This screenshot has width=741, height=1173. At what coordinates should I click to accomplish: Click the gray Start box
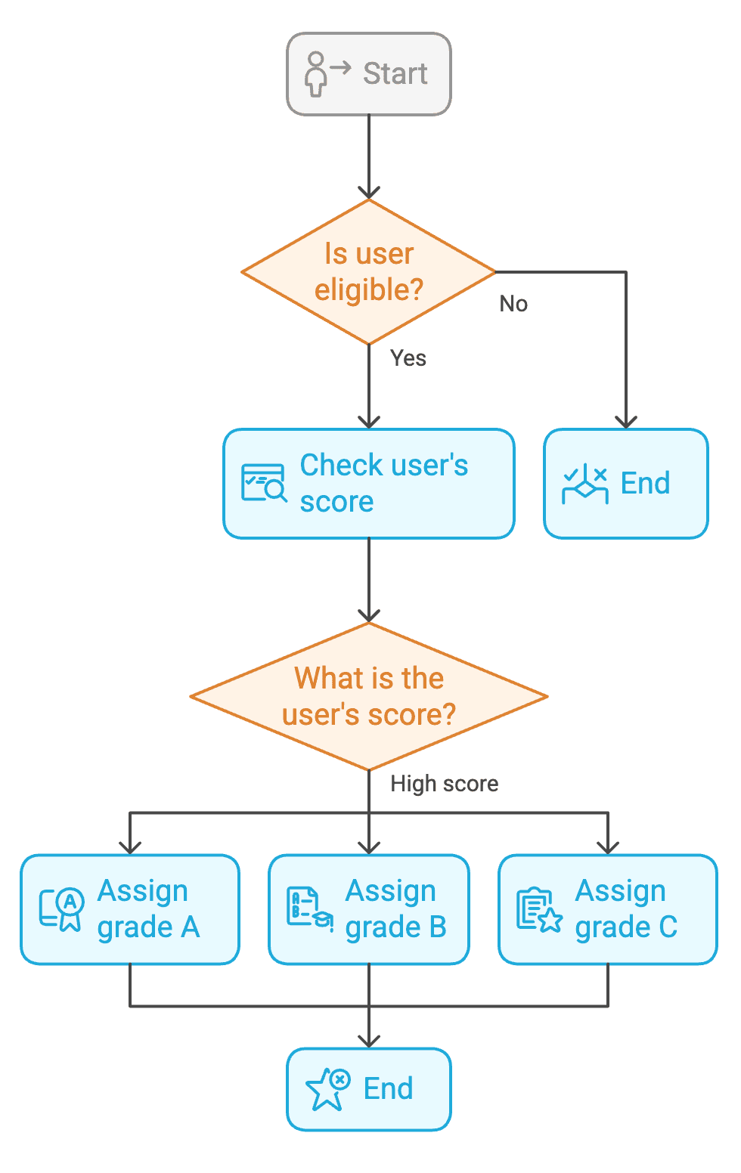(369, 74)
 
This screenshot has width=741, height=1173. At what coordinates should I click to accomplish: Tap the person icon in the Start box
(316, 74)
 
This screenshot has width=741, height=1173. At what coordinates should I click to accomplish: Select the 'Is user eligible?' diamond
(369, 272)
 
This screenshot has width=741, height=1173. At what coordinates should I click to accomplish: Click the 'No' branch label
(513, 304)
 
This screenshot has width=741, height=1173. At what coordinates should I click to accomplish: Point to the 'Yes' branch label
(408, 358)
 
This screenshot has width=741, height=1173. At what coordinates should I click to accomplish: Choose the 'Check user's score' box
(369, 484)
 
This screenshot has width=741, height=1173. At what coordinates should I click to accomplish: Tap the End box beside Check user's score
(626, 484)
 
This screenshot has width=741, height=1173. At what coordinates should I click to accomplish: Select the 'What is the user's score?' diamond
(369, 696)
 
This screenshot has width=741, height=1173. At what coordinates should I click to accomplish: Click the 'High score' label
(445, 784)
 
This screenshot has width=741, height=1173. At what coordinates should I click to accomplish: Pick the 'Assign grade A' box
(130, 909)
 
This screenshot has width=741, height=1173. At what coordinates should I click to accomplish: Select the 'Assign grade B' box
(369, 909)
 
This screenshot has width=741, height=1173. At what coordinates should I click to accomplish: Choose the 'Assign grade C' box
(608, 909)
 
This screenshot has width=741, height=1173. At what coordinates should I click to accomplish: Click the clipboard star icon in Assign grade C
(539, 909)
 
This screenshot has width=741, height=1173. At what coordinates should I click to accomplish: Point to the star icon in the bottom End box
(327, 1089)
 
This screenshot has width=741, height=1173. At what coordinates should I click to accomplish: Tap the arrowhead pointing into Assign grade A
(130, 847)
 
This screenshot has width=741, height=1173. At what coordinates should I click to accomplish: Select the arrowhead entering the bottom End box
(369, 1041)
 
